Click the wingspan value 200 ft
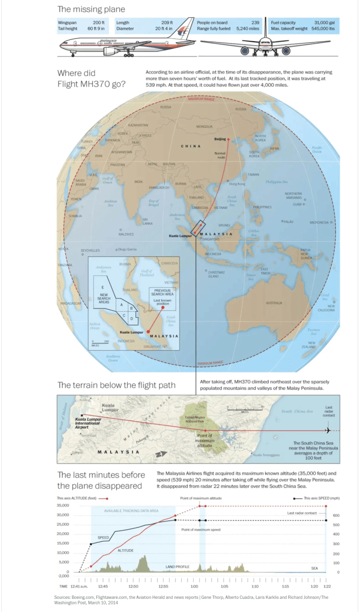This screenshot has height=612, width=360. coord(99,22)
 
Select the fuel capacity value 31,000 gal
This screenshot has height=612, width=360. coord(324,22)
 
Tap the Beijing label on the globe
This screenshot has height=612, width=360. coord(220,139)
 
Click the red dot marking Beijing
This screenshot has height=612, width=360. coord(228,140)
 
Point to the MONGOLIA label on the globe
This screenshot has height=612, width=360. coord(204,127)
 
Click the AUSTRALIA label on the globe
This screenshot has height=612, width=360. coord(274,303)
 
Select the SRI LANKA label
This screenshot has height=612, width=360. coord(147,221)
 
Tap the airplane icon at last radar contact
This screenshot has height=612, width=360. coord(328,430)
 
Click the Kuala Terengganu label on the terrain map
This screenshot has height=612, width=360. coord(266,455)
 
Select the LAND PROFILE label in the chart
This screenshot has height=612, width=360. coord(177,567)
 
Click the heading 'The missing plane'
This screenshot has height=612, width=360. coord(91,9)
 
